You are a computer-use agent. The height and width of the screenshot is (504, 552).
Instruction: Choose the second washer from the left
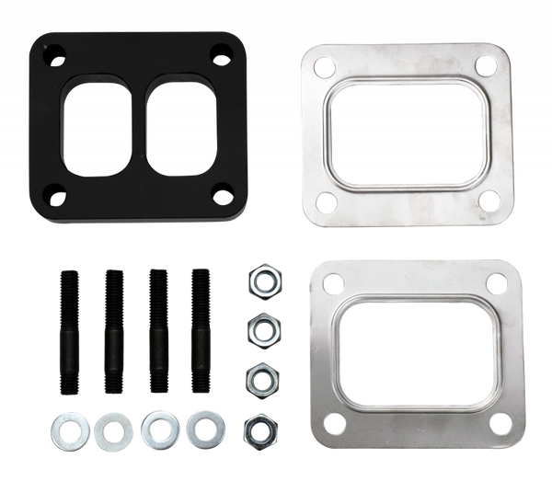(x=110, y=428)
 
